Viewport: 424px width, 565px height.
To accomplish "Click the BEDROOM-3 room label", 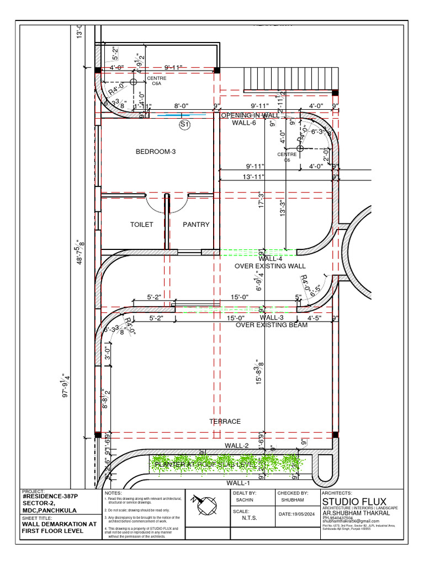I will click(156, 151).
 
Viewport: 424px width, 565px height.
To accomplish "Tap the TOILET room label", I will click(141, 225).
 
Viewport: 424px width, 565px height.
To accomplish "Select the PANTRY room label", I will click(196, 225).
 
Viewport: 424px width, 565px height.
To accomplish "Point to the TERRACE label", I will click(225, 422).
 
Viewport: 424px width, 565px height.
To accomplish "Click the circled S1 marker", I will click(184, 125).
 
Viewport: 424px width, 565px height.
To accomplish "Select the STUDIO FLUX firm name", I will click(354, 501).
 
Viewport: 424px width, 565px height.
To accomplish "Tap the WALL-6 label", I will click(244, 123).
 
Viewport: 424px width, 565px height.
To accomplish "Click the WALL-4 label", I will click(271, 258).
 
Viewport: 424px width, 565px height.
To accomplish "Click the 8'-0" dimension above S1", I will click(183, 105).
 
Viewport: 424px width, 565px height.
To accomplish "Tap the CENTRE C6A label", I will click(156, 81).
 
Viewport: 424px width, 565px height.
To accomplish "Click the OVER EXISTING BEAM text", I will click(272, 325).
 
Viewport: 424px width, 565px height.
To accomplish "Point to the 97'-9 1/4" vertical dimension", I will click(66, 385).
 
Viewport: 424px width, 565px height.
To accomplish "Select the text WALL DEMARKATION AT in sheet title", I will click(59, 524).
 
